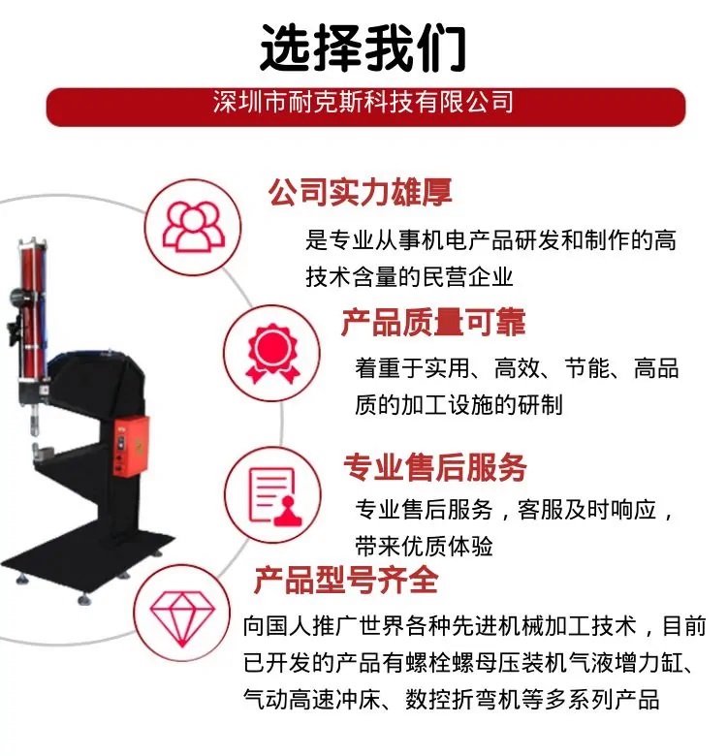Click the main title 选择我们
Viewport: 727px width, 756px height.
tap(363, 48)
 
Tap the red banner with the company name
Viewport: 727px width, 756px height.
tap(365, 107)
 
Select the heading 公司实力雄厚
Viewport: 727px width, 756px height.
tap(361, 192)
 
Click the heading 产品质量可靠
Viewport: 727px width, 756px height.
tap(433, 322)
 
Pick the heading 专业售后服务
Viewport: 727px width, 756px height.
tap(435, 467)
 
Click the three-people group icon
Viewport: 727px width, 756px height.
tap(193, 226)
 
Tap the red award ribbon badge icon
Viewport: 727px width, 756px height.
tap(272, 354)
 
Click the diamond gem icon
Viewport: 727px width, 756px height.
tap(182, 618)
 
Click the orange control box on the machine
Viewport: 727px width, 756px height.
tap(131, 447)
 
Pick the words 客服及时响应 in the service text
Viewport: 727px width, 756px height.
tap(586, 510)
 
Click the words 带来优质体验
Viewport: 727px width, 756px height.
tap(424, 547)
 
